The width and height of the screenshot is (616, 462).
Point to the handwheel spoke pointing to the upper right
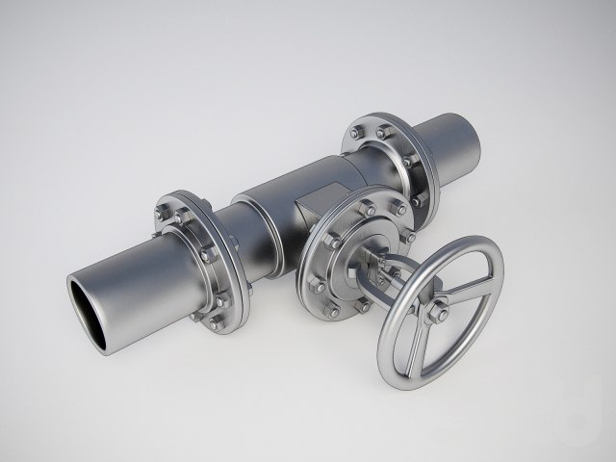(466, 288)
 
